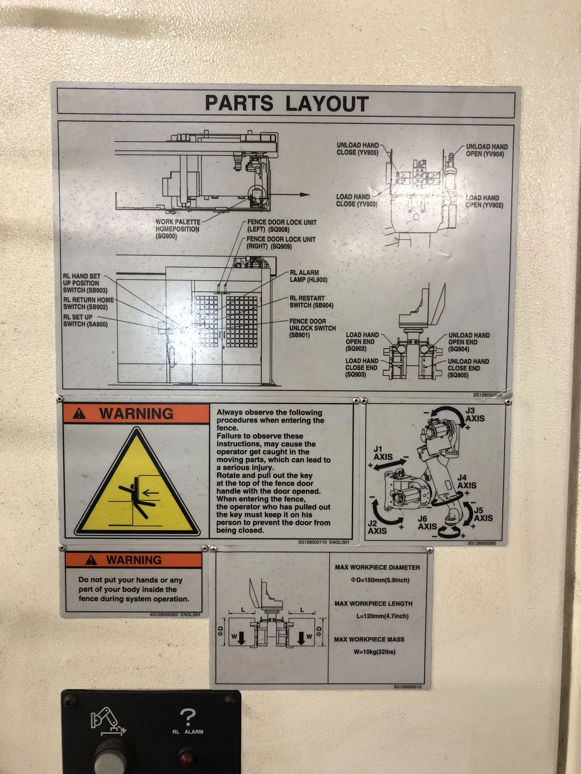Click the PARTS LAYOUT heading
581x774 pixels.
point(286,103)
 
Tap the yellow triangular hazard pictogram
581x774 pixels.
point(137,484)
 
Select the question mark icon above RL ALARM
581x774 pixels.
point(188,717)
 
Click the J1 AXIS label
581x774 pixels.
point(383,453)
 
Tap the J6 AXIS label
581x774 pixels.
point(427,523)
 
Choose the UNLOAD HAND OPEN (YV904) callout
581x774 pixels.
point(487,150)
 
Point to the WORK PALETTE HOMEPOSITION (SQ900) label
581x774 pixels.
point(177,229)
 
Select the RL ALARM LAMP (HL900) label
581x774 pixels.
point(309,276)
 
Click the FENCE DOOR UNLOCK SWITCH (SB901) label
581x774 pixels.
point(312,328)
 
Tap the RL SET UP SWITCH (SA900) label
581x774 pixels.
point(85,321)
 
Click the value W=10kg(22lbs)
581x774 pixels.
point(375,652)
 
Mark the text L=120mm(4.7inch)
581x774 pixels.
point(382,616)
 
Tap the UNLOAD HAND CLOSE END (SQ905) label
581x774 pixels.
point(468,368)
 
